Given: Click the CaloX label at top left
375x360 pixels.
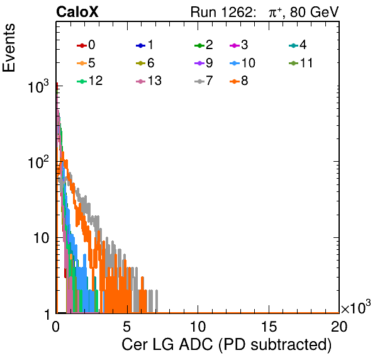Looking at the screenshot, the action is pos(77,12).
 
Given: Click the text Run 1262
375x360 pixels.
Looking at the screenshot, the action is pos(221,12).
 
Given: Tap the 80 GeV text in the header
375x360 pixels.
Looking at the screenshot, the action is pos(315,12).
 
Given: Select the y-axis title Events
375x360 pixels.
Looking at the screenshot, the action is pos(9,48).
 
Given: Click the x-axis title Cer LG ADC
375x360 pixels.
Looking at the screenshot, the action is pos(167,345).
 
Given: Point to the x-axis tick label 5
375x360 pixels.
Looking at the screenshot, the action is pos(126,327).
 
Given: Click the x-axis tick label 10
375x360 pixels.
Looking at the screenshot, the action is pos(198,327).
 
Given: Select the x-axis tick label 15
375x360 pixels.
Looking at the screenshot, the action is pos(268,327).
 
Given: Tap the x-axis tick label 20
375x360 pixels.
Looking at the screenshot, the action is pos(339,327).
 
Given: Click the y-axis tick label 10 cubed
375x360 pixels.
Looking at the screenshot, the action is pos(38,87).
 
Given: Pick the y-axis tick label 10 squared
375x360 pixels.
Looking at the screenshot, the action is pos(38,162).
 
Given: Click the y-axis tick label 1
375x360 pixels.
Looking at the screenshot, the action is pos(48,314).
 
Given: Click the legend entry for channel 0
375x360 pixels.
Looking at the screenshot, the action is pos(86,45).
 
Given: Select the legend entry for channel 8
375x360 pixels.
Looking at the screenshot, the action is pos(238,81).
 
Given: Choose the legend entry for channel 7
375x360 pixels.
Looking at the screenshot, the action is pos(203,81).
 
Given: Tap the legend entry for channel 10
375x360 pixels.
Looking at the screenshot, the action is pos(242,63).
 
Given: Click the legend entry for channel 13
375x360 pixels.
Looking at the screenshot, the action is pos(148,81).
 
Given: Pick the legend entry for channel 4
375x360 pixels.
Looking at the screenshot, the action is pos(298,45).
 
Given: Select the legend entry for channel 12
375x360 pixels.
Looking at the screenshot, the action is pos(90,81).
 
